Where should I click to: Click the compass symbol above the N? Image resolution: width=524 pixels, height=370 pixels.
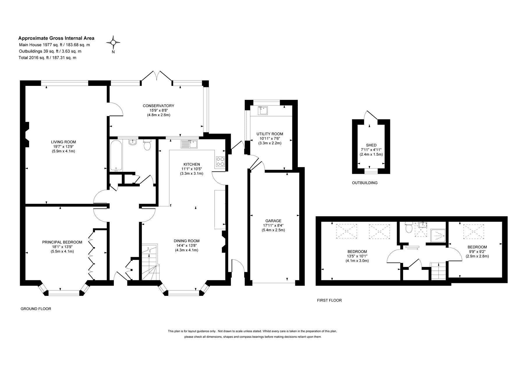pyautogui.click(x=113, y=43)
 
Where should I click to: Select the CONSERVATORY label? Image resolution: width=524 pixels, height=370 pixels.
pyautogui.click(x=158, y=106)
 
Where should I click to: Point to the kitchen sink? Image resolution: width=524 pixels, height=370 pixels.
pyautogui.click(x=189, y=144)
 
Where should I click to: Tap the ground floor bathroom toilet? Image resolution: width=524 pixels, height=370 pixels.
pyautogui.click(x=147, y=145)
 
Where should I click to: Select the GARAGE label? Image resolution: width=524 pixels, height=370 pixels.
pyautogui.click(x=273, y=221)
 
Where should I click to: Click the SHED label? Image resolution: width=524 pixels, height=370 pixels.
pyautogui.click(x=371, y=145)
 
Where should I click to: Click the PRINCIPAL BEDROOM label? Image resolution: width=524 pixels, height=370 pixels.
pyautogui.click(x=62, y=242)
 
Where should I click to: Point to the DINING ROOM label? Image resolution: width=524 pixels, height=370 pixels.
pyautogui.click(x=187, y=241)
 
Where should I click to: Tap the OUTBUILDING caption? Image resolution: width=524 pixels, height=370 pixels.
pyautogui.click(x=365, y=183)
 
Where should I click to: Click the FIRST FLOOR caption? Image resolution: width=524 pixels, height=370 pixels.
pyautogui.click(x=329, y=300)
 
